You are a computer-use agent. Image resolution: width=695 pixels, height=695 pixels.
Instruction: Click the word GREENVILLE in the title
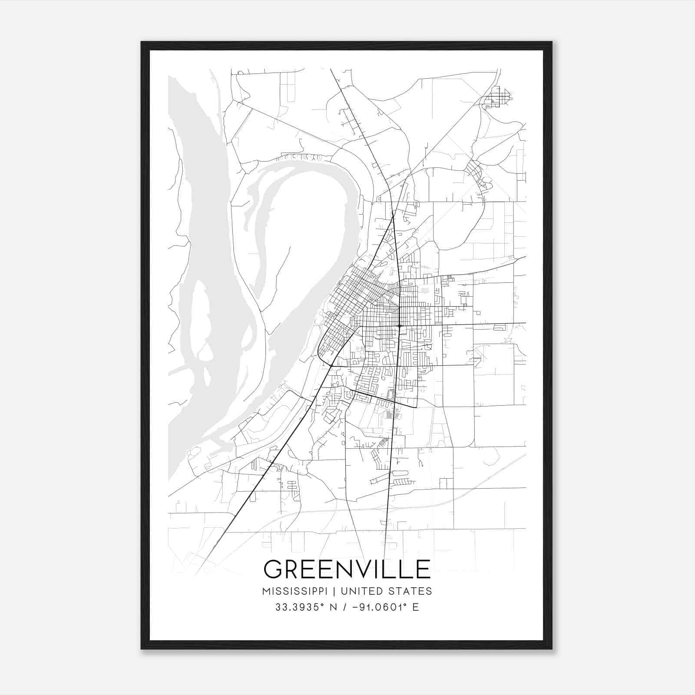click(x=347, y=569)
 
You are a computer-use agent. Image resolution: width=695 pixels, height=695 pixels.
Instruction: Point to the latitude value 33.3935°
click(x=300, y=607)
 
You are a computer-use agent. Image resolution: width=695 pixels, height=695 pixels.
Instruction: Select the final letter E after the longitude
click(x=416, y=607)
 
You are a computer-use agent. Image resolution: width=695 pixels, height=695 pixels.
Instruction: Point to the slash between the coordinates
click(x=345, y=607)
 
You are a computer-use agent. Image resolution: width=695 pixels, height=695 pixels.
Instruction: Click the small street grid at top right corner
click(x=499, y=98)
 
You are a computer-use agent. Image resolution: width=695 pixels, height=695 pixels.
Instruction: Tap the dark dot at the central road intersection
click(x=399, y=325)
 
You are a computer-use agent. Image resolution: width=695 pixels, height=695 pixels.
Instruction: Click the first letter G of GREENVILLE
click(x=273, y=569)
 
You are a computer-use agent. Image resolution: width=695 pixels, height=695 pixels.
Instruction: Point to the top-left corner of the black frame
click(x=142, y=42)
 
